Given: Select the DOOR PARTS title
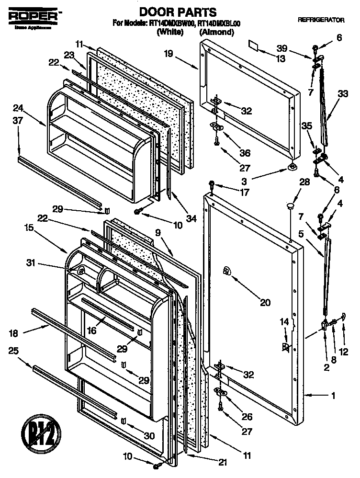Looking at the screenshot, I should [x=171, y=11].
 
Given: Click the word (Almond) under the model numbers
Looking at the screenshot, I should [x=216, y=33].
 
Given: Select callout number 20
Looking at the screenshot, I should [x=265, y=302].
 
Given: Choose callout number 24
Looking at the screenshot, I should [x=18, y=107].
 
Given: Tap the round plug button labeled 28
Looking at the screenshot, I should [x=290, y=206].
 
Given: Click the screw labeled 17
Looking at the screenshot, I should [x=212, y=184].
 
